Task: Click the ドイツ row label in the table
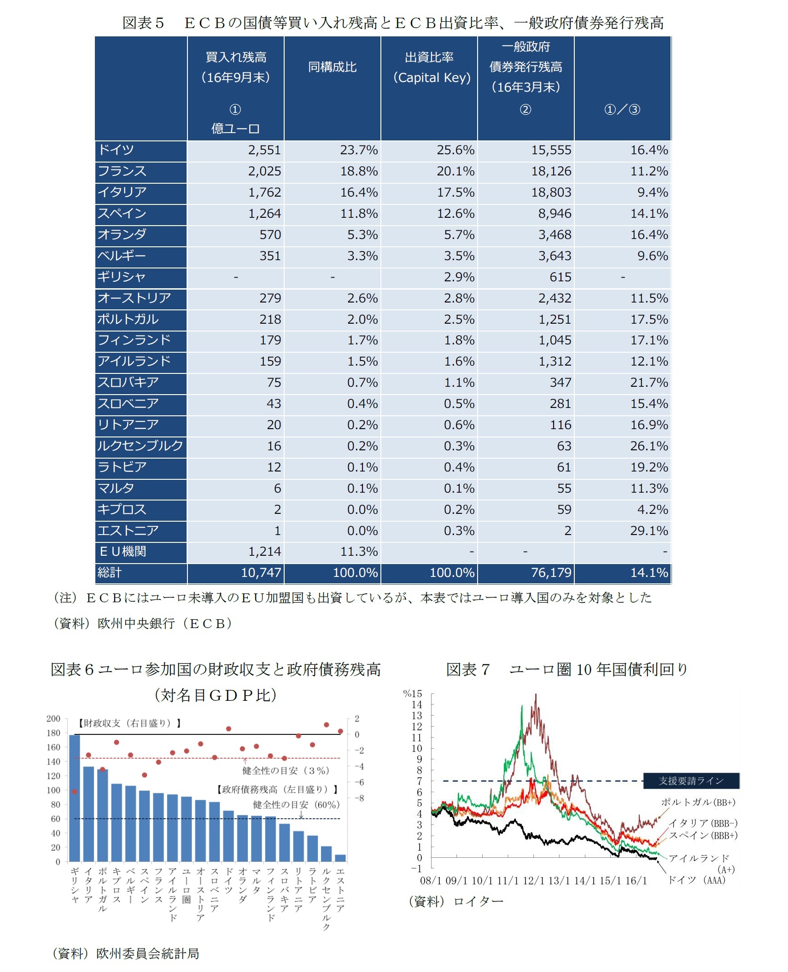[116, 150]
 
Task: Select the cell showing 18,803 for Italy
[551, 192]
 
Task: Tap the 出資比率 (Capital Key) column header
[431, 68]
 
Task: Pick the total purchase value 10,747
[261, 572]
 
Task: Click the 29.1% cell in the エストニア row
[648, 530]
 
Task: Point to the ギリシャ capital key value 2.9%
[459, 277]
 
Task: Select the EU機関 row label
[123, 551]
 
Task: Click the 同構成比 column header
[332, 67]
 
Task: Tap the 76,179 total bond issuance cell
[551, 572]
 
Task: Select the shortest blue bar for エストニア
[340, 858]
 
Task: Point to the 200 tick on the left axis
[53, 719]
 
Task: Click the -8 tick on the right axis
[359, 798]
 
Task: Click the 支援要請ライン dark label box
[690, 780]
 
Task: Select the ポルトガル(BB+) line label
[698, 802]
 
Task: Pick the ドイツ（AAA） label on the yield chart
[696, 880]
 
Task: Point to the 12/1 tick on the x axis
[534, 880]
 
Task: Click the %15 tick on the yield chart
[412, 694]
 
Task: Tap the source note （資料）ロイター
[456, 901]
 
